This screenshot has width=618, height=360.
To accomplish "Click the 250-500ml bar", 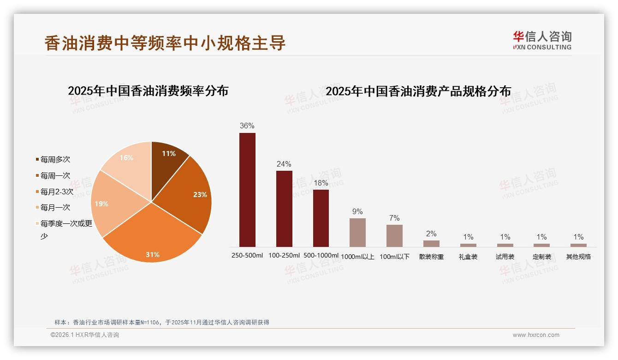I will coord(247,190).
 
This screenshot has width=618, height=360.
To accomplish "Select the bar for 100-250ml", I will coord(284,209).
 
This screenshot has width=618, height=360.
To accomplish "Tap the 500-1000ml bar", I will coord(321,218).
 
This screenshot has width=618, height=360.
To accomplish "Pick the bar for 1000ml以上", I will coord(357,232).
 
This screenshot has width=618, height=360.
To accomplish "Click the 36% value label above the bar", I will coord(247,126).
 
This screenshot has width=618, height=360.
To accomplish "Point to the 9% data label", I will coord(357,211).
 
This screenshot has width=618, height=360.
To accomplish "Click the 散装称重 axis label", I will coord(431,257).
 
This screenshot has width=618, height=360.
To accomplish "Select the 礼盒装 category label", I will coord(468,257).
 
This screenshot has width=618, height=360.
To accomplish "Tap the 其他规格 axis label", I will coord(578,257).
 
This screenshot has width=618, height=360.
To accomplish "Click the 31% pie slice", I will coord(152,235).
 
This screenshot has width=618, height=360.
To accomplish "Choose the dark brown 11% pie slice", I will coord(167,162).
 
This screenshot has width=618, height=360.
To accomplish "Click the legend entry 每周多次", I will coord(55,160).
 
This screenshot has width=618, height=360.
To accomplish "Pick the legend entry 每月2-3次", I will coord(56,192).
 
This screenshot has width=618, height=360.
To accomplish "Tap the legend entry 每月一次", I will coord(55,208).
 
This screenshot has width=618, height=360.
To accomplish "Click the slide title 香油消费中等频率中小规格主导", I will coord(165,43).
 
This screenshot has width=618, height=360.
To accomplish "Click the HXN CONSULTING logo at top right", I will coord(542,41).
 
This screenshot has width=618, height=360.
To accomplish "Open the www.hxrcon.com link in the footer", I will coord(536,335).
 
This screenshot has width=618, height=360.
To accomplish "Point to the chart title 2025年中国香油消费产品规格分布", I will coord(418,91).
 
